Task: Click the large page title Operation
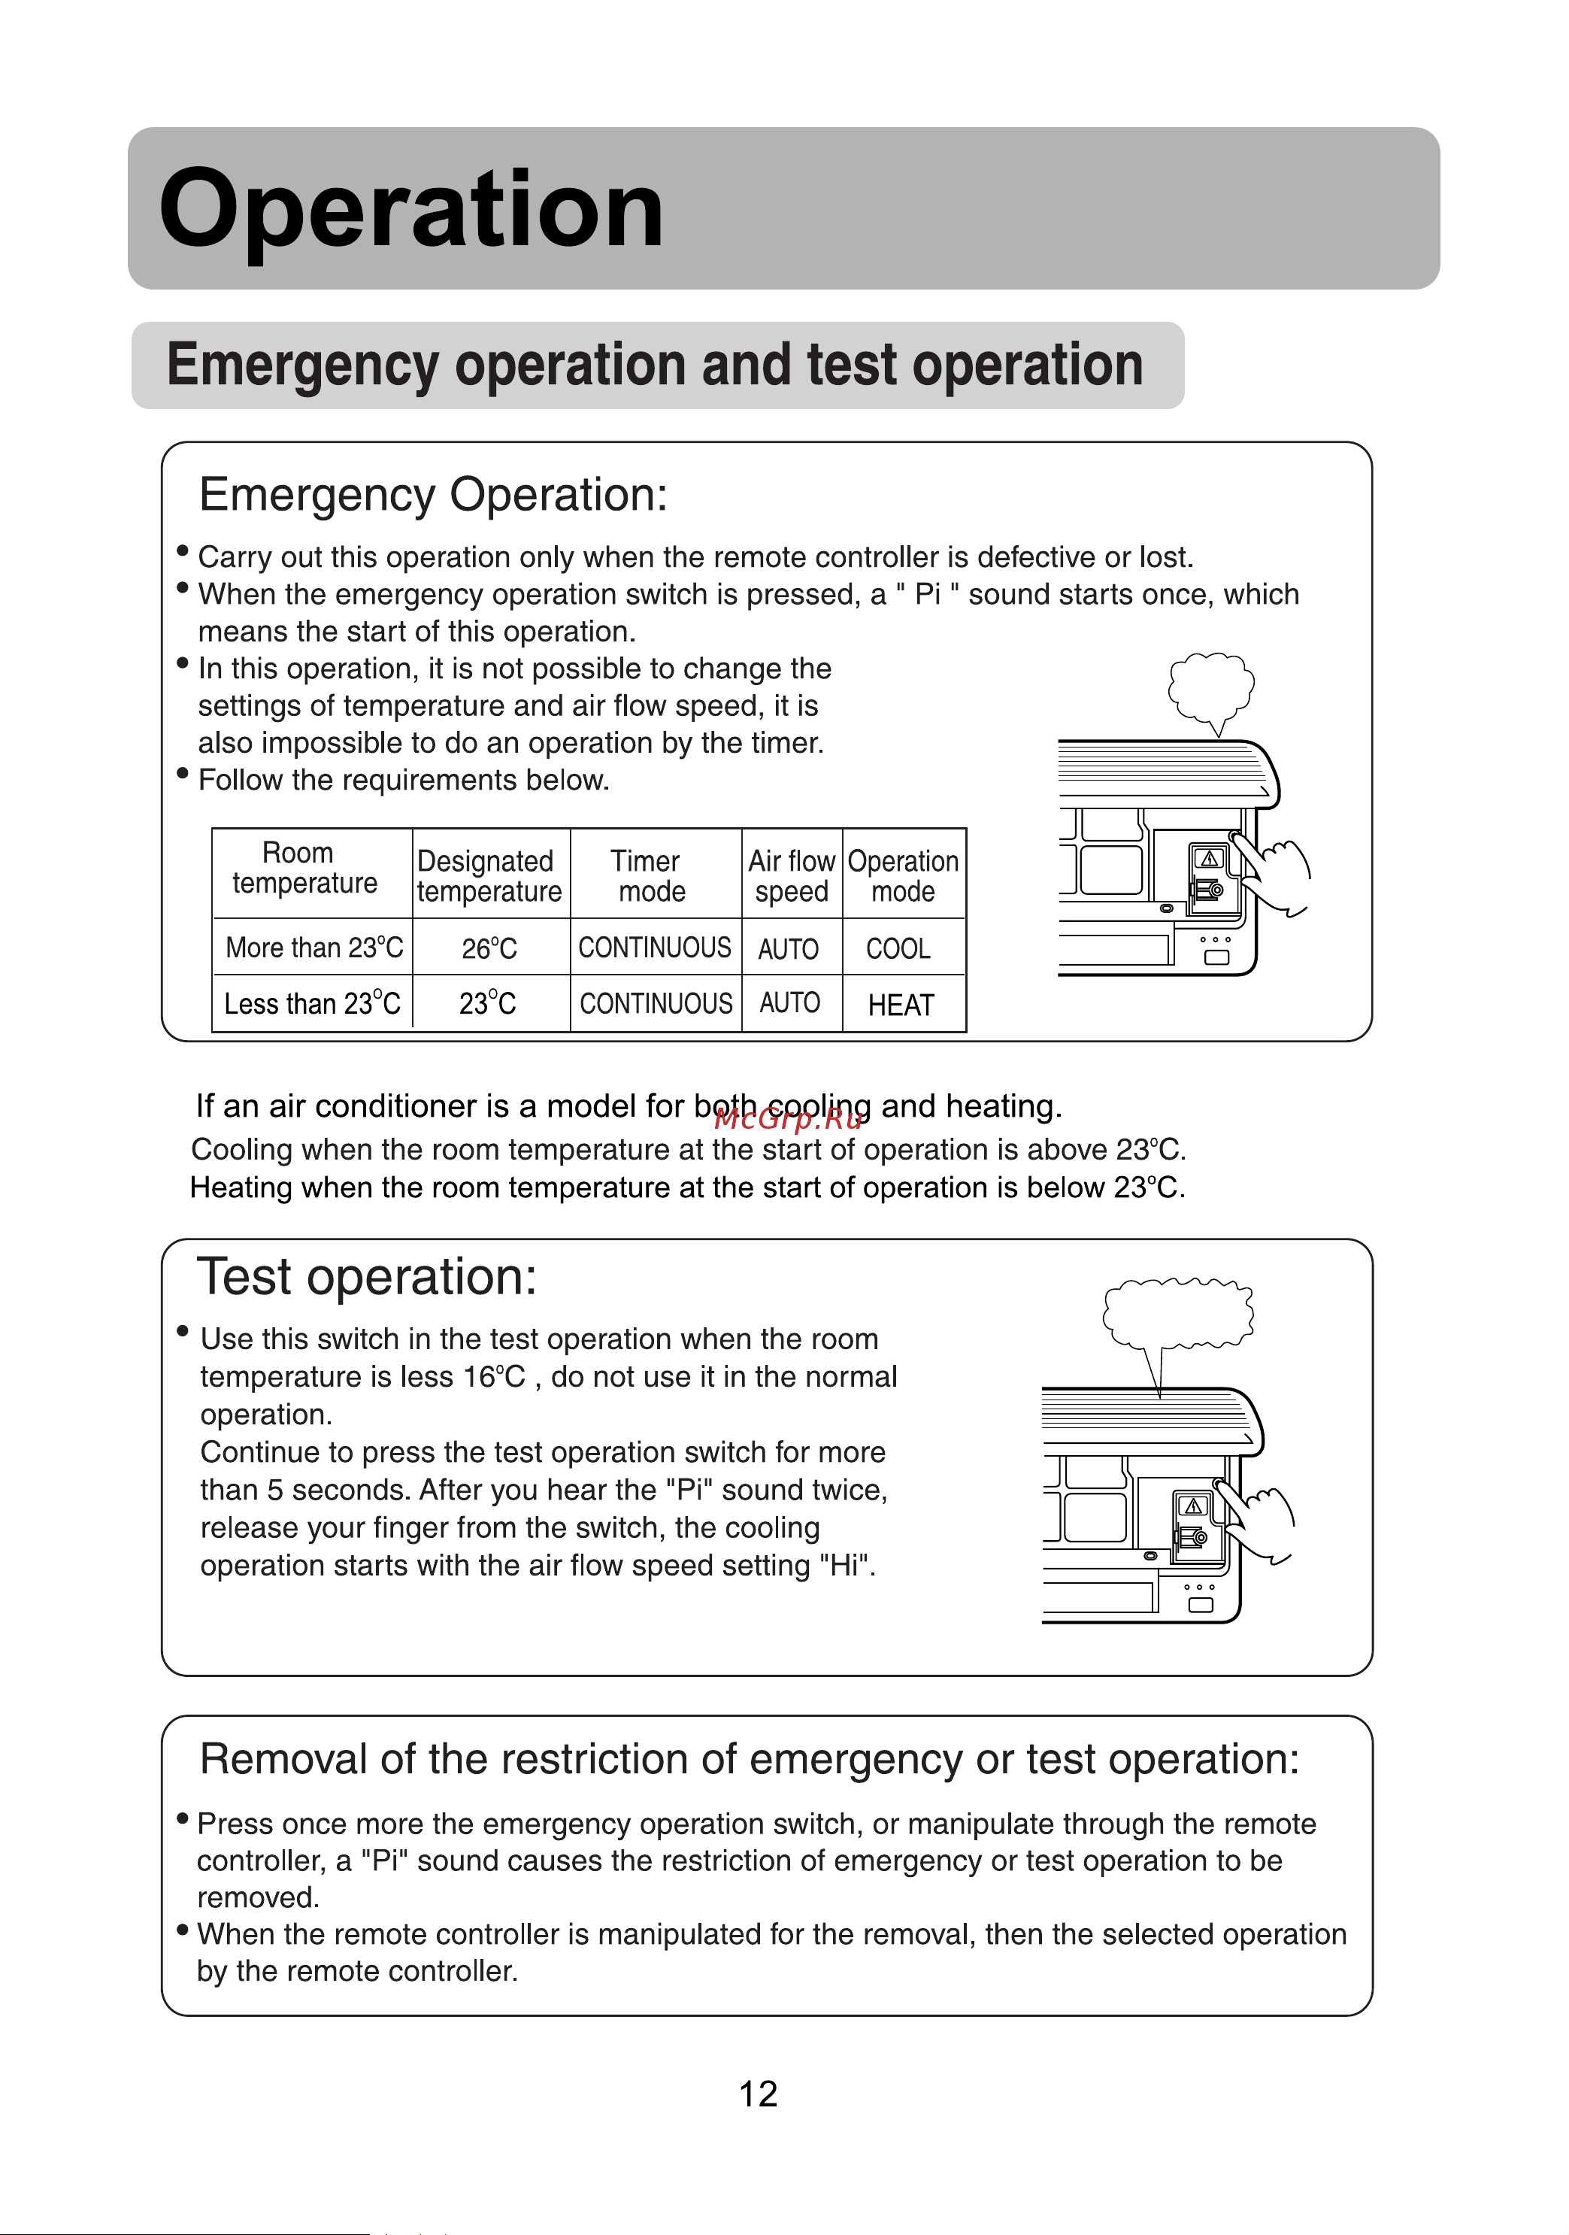(x=410, y=209)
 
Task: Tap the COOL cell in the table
(x=898, y=948)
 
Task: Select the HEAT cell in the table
(x=901, y=1005)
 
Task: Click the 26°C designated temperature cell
(x=489, y=948)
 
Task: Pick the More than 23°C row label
(x=313, y=947)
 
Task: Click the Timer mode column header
(x=648, y=876)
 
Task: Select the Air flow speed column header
(x=792, y=876)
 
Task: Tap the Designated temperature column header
(x=489, y=876)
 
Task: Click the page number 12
(x=759, y=2094)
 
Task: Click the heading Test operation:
(x=367, y=1277)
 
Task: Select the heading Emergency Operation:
(x=433, y=495)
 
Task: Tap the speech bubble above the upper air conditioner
(x=1211, y=687)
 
